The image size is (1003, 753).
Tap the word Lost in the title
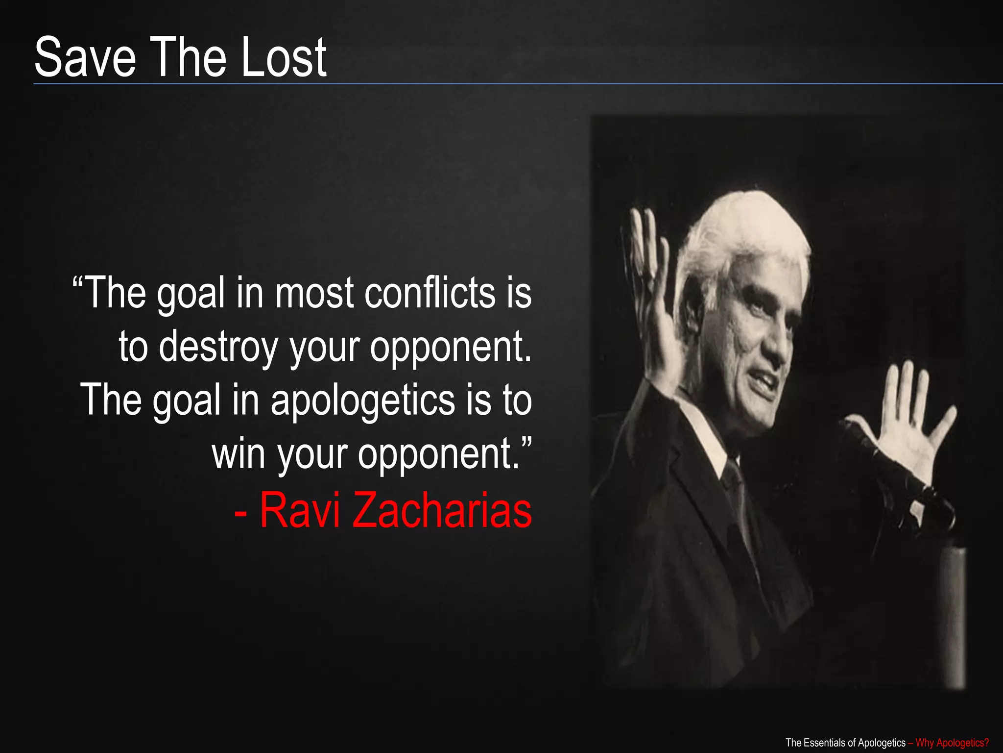[284, 58]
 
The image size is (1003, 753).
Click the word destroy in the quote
[218, 347]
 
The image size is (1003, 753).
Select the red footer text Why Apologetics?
[952, 743]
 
